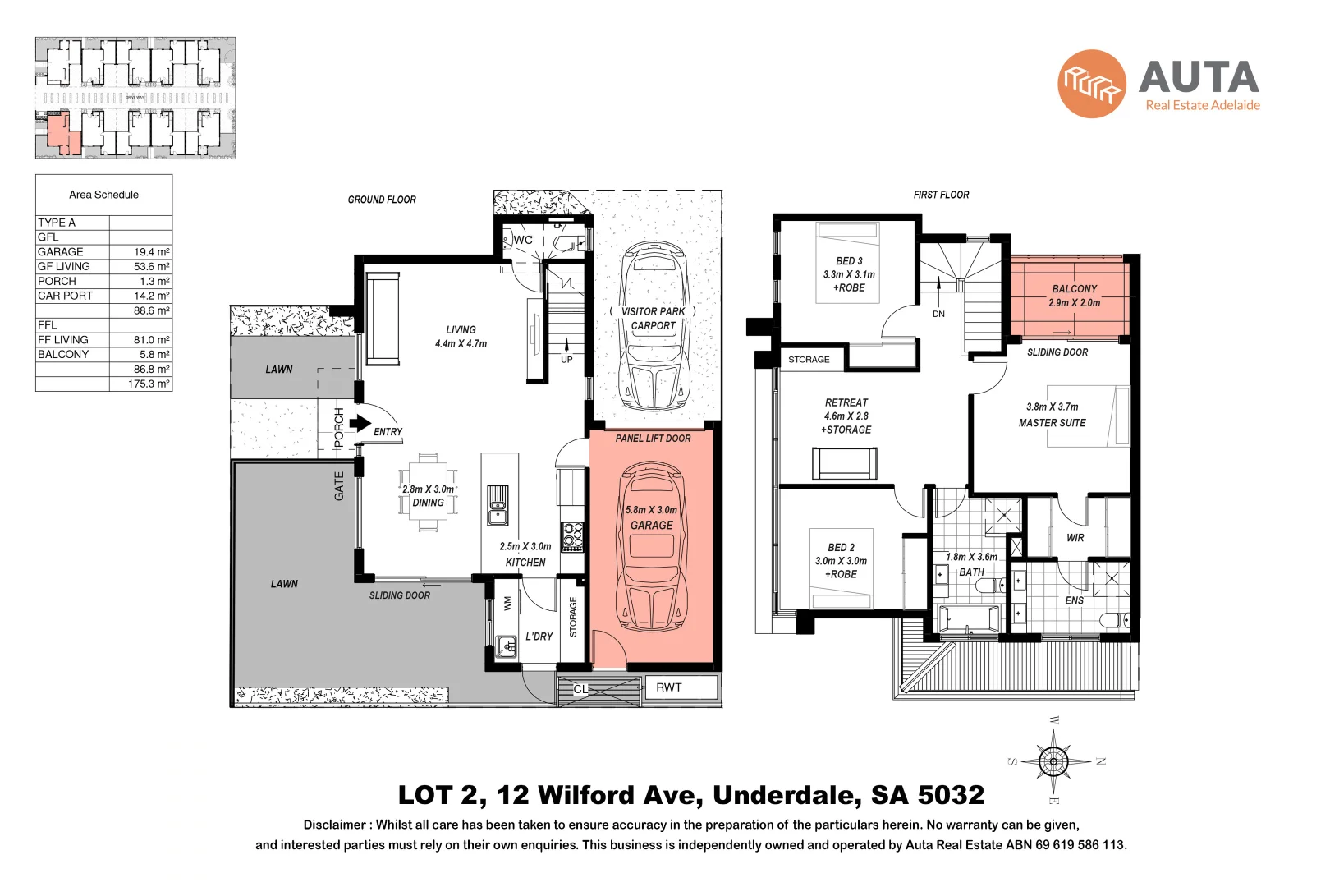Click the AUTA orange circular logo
(1091, 84)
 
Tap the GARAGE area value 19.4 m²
(151, 252)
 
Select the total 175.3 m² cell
(149, 384)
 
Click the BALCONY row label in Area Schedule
(63, 355)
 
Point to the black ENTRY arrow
(360, 424)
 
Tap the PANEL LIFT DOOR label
(653, 439)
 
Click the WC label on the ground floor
(523, 240)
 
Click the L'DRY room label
(539, 637)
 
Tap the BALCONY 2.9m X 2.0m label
(1074, 296)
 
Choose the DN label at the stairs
(938, 314)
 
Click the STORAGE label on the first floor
(809, 360)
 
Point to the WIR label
(1075, 538)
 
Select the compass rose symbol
(1053, 761)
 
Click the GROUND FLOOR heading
(382, 200)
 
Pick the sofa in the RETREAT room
(845, 463)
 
